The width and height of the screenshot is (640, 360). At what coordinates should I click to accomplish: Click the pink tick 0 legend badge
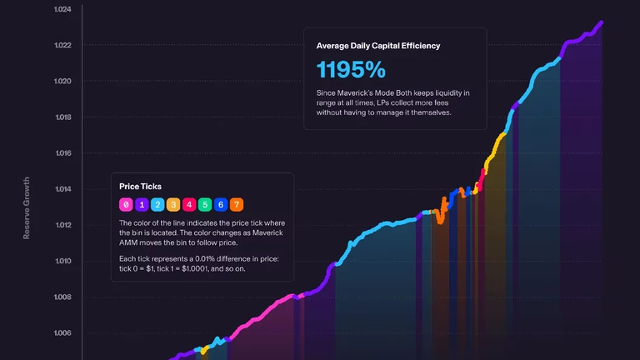coord(126,204)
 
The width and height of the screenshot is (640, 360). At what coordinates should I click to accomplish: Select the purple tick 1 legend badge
coord(142,204)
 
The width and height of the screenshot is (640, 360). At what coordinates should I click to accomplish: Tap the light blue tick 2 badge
coord(157,204)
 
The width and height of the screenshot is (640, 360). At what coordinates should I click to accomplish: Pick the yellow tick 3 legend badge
coord(173,204)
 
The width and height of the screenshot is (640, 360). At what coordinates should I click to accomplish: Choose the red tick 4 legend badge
coord(189,204)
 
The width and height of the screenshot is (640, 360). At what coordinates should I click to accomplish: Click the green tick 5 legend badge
coord(205,204)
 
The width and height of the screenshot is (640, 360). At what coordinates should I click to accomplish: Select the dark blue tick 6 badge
coord(220,204)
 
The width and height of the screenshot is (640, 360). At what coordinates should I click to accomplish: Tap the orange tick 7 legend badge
coord(237,204)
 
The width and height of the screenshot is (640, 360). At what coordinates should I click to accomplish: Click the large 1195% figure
coord(351,69)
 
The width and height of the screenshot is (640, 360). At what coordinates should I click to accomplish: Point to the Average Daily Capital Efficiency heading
coord(378,46)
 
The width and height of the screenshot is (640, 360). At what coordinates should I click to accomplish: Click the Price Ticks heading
coord(140,187)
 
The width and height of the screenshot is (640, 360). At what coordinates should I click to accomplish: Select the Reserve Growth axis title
coord(27,207)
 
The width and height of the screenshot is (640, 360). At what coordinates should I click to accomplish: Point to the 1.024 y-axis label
coord(62,9)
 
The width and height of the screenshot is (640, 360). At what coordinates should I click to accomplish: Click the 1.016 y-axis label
coord(62,153)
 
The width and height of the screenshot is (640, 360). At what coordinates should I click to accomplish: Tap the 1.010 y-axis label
coord(62,261)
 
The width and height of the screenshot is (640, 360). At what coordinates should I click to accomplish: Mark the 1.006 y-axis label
coord(62,332)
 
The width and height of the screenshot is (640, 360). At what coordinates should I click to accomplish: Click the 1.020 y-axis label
coord(62,81)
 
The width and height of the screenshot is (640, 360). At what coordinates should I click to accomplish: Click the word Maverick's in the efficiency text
coord(355,93)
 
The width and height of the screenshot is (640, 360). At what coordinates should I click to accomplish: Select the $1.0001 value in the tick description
coord(196,268)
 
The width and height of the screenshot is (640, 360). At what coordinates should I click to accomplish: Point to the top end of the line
coord(601,22)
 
